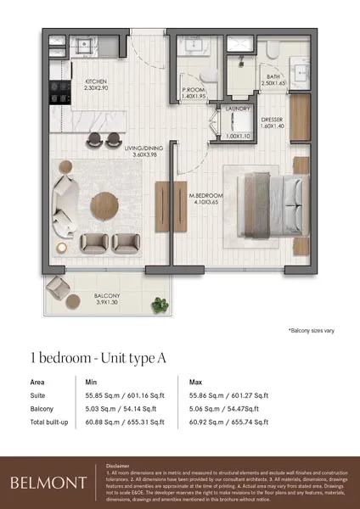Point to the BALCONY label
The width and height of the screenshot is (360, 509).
click(106, 295)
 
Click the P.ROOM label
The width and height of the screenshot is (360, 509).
click(194, 89)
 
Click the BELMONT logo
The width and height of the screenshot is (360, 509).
click(48, 483)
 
